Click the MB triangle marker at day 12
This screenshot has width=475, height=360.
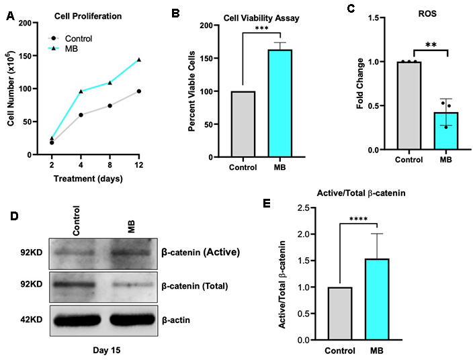pos(139,60)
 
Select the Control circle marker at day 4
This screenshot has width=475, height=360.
pos(81,115)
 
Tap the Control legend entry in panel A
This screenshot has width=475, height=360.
pos(70,38)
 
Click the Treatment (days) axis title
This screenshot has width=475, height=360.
pos(88,179)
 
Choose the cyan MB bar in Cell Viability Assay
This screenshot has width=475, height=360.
pos(280,103)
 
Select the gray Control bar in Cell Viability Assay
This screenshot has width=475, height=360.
pos(243,124)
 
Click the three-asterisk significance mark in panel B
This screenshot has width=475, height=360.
pos(262,28)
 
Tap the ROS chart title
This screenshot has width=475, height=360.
pos(427,13)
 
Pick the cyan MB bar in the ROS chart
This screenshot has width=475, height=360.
pos(445,131)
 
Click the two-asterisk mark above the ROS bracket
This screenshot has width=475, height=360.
pos(431,45)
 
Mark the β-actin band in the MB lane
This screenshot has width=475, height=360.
pos(132,320)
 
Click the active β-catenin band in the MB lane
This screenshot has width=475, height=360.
pos(131,253)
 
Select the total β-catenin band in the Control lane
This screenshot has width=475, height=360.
pos(74,285)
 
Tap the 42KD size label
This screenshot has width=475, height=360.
pos(32,320)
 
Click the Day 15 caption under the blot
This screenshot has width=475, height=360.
pos(106,351)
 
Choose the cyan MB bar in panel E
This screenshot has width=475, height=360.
pos(377,299)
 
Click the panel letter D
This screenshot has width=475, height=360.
pos(14,216)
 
